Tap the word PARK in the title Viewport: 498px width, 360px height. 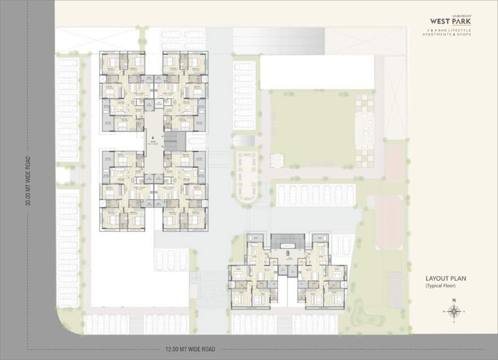point(462,21)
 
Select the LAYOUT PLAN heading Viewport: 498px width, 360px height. point(445,278)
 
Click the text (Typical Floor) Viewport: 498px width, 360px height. point(440,285)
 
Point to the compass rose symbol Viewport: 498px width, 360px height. point(453,311)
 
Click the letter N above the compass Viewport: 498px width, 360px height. point(453,300)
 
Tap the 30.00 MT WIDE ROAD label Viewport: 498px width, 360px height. point(29,181)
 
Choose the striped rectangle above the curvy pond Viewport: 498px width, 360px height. point(395,289)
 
